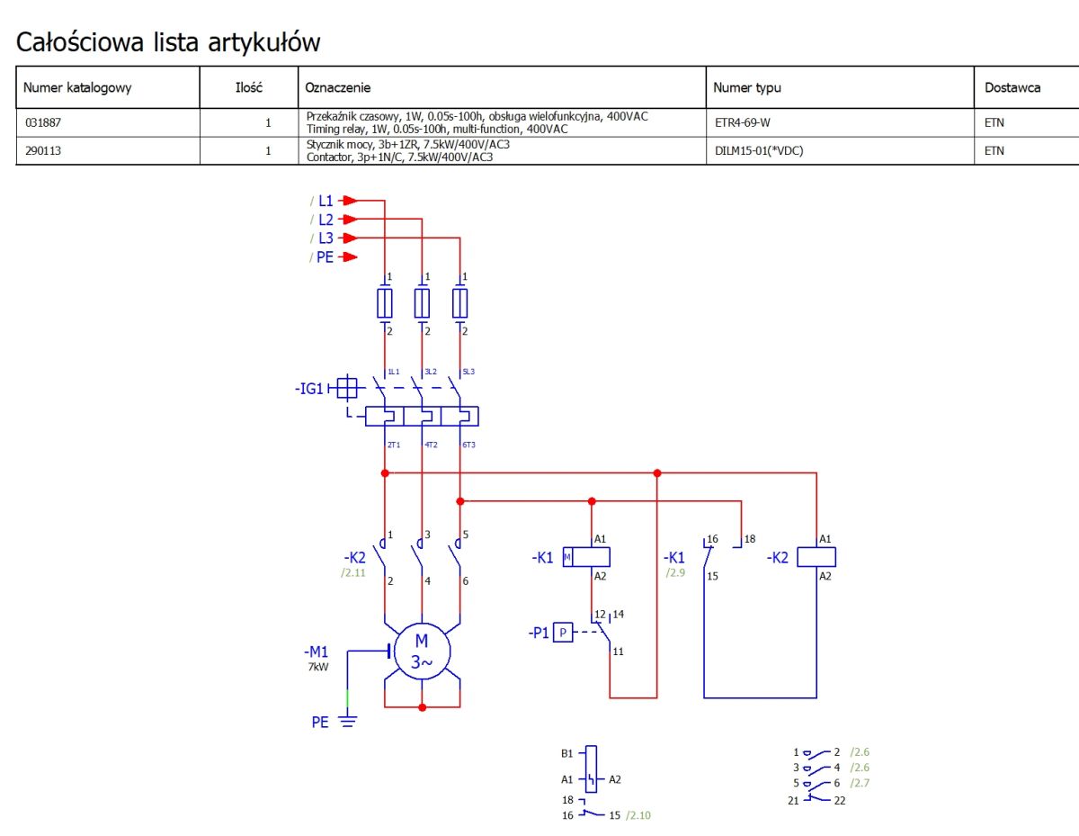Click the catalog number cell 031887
point(43,122)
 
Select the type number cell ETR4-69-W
point(743,122)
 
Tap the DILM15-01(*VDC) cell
point(759,150)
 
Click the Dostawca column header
point(1012,87)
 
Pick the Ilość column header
point(249,87)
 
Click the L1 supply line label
point(325,201)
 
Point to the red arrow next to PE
point(349,256)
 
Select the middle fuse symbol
point(422,302)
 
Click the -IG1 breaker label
point(308,389)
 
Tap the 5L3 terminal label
point(468,372)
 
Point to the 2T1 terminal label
point(394,445)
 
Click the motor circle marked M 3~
point(422,652)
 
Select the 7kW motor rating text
point(318,667)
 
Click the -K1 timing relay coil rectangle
point(586,557)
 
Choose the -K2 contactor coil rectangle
point(816,557)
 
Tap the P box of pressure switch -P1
point(563,632)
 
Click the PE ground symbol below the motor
point(348,721)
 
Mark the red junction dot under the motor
point(422,707)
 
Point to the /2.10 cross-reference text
point(638,815)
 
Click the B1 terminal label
point(567,753)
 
